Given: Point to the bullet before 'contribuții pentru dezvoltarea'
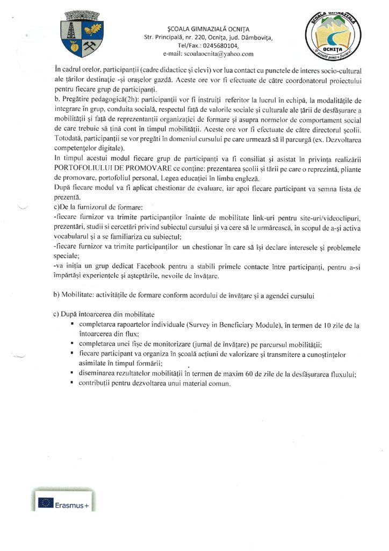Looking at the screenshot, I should coord(71,384).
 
